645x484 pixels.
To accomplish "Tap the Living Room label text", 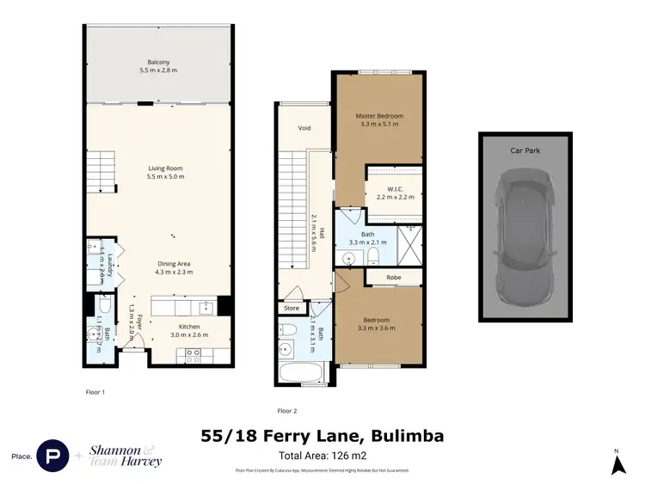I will [x=164, y=168].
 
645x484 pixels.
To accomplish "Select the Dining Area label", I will [x=175, y=264].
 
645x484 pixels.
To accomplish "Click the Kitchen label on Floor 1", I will [x=188, y=328].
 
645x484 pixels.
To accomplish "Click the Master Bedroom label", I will [x=379, y=116].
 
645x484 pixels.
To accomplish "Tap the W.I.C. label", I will [x=395, y=189].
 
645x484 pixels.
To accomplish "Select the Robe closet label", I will [x=393, y=278].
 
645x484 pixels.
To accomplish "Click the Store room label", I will [x=291, y=308].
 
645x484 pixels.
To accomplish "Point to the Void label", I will [x=304, y=129].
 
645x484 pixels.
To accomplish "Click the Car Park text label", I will [x=525, y=150].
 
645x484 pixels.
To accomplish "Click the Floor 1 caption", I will [x=95, y=392].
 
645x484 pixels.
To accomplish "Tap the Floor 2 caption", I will [x=286, y=410].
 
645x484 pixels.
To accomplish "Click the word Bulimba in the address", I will [x=406, y=437].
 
